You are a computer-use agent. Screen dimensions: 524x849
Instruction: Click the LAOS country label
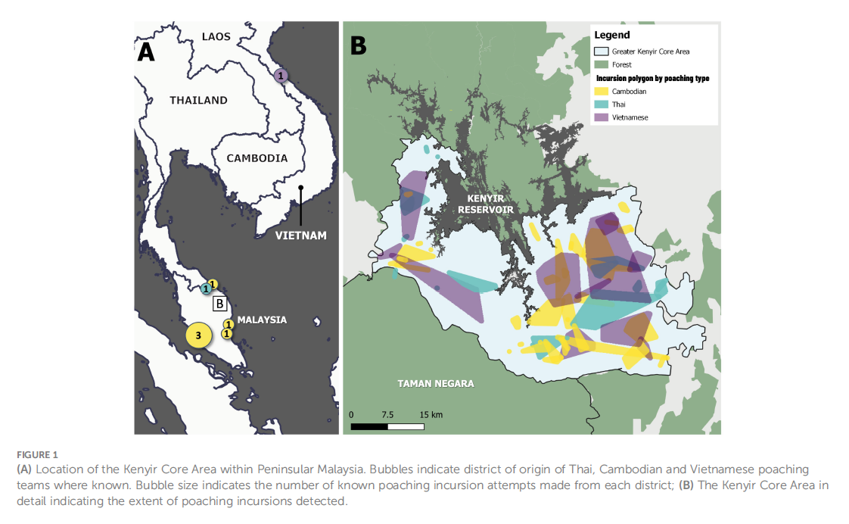(x=216, y=36)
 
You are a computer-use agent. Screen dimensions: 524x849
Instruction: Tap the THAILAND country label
(x=198, y=100)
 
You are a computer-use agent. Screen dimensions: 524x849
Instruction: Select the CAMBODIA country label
(x=257, y=158)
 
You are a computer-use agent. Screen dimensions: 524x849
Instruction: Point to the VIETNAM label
(x=300, y=235)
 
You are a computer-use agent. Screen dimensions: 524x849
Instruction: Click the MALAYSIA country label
(x=262, y=320)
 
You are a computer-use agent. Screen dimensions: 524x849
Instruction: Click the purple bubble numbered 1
(x=281, y=76)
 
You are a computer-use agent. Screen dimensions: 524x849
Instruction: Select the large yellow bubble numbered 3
(x=198, y=335)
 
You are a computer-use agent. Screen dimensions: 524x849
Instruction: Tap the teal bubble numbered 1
(x=205, y=289)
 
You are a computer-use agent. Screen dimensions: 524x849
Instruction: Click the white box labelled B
(x=219, y=304)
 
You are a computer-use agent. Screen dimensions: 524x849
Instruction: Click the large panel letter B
(x=358, y=46)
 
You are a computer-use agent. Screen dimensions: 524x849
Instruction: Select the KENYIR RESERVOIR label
(x=485, y=204)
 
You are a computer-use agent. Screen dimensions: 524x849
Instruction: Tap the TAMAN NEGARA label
(x=436, y=384)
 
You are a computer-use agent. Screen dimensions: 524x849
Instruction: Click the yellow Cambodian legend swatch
(x=602, y=91)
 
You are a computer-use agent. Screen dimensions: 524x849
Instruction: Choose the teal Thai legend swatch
(x=602, y=104)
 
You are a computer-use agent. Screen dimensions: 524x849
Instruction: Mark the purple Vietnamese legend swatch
(x=602, y=117)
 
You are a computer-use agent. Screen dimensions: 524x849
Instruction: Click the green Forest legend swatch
(x=602, y=64)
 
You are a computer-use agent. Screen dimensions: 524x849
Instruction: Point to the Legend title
(x=611, y=35)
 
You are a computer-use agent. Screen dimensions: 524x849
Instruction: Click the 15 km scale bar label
(x=431, y=415)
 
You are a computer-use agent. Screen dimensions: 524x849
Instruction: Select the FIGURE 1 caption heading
(x=36, y=455)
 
